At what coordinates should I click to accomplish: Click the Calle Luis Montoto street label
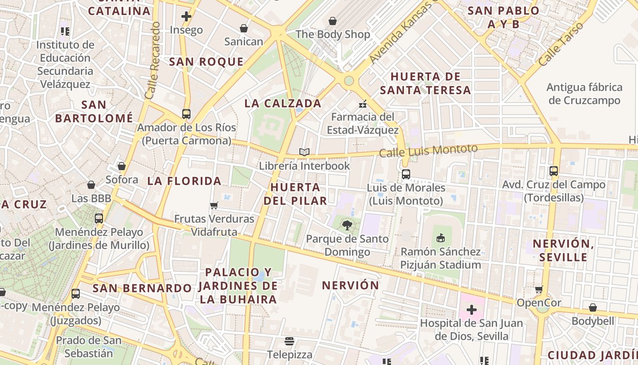[428, 150]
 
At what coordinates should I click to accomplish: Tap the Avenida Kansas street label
[400, 32]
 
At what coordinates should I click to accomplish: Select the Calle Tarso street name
[560, 44]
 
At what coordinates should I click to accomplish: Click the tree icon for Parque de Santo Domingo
[347, 225]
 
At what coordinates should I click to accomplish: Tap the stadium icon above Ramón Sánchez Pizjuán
[440, 238]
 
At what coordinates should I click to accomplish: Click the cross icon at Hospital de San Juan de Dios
[471, 310]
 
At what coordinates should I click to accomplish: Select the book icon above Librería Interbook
[304, 152]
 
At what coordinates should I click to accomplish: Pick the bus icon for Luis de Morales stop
[406, 174]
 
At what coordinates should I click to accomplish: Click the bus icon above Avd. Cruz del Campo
[554, 171]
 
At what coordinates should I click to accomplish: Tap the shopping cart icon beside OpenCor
[539, 289]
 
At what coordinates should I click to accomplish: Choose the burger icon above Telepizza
[289, 341]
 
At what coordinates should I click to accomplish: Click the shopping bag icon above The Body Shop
[333, 21]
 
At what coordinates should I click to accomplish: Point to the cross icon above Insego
[186, 17]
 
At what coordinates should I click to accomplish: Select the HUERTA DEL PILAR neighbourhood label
[298, 194]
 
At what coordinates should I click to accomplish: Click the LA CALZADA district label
[283, 104]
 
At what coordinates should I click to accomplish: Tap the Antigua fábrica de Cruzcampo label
[584, 94]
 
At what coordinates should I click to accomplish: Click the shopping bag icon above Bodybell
[592, 308]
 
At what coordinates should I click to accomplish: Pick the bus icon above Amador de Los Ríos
[186, 114]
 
